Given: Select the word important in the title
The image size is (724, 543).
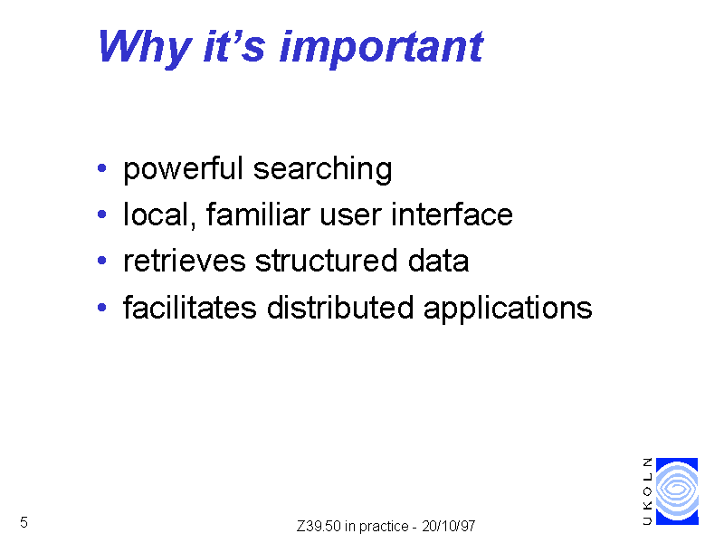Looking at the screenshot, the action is (x=381, y=49).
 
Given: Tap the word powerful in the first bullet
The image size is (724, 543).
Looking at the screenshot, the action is (x=183, y=169).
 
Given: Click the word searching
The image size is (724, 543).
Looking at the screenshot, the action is (x=323, y=169).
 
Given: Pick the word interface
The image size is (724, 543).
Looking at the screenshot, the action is (x=452, y=214).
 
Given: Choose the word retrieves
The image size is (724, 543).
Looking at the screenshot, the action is (x=185, y=261).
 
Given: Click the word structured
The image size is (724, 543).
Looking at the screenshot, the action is (x=326, y=261).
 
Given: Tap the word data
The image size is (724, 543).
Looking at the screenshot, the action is (x=438, y=261).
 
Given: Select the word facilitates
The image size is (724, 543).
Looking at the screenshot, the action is (x=190, y=307).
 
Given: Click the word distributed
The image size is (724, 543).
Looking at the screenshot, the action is (x=340, y=307).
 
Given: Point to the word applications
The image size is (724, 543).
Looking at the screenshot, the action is (x=508, y=309).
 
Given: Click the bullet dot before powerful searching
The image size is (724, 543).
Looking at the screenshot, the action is (x=102, y=167).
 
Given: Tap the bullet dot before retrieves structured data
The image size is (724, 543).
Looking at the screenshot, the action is (x=102, y=261).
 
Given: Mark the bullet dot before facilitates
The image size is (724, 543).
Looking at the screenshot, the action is (x=102, y=307).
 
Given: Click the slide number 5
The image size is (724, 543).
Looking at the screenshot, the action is (x=24, y=522).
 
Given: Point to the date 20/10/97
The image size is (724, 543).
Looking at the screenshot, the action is (x=449, y=526).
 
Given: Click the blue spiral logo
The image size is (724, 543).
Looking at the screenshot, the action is (x=677, y=491).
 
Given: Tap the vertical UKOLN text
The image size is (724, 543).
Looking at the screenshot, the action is (x=648, y=491).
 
